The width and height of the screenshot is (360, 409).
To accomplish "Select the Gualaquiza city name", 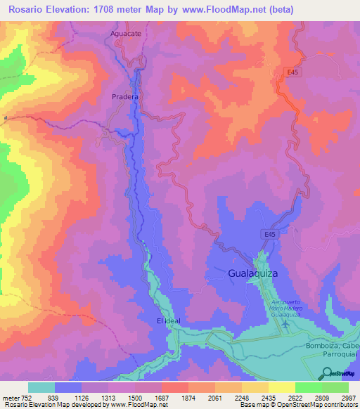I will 259,273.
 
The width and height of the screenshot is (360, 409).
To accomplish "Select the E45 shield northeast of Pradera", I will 293,72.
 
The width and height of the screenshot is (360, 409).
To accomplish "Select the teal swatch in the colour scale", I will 41,387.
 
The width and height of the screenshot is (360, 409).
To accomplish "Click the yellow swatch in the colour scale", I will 281,387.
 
